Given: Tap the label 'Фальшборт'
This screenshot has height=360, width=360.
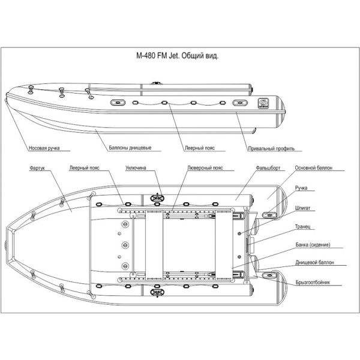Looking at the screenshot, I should coord(265,169).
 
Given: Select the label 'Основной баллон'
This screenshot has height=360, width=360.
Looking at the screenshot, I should coord(313,169).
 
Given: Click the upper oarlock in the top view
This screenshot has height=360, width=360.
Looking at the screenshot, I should coord(157,195).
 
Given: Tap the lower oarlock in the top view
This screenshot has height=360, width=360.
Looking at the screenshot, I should coord(157,293).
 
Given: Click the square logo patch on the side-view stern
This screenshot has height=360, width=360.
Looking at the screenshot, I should coord(262,102).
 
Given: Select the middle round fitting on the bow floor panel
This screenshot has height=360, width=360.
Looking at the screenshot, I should coord(125,245).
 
